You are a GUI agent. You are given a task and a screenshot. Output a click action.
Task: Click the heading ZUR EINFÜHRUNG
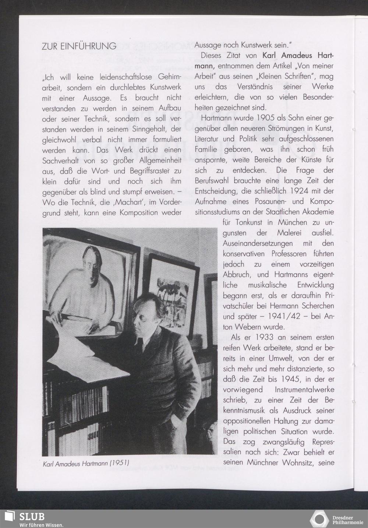pyautogui.click(x=79, y=46)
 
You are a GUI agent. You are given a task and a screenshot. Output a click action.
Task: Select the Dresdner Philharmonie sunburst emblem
pyautogui.click(x=319, y=519)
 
